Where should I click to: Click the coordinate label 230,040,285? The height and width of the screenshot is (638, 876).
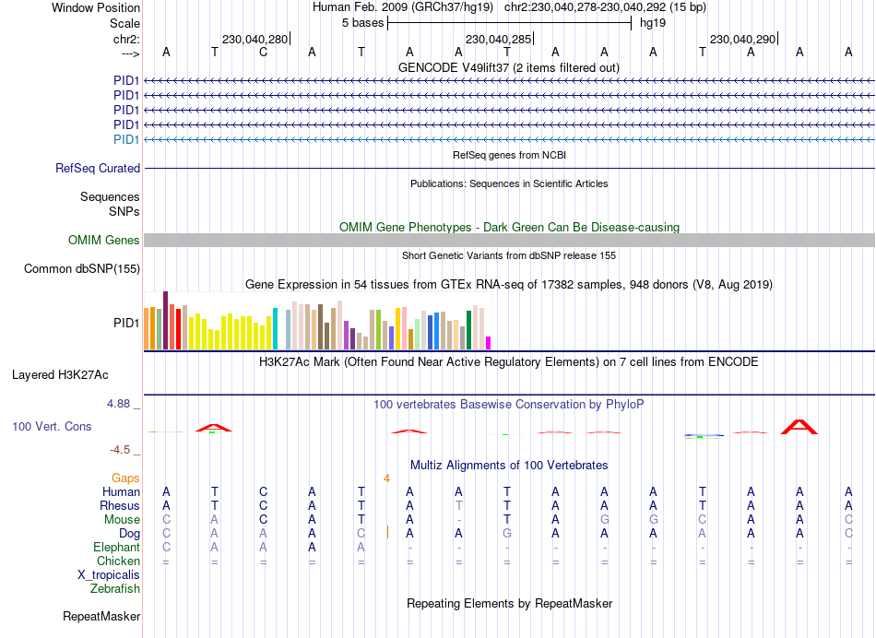(498, 39)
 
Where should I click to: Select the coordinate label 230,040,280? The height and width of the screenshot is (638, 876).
(255, 39)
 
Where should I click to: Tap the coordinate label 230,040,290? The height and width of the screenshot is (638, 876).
(742, 39)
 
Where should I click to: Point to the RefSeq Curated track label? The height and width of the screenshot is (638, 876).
(98, 169)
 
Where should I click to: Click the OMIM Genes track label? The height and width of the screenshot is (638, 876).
(104, 241)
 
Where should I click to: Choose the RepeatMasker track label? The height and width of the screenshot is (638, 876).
(101, 616)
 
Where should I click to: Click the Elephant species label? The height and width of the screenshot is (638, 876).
(117, 548)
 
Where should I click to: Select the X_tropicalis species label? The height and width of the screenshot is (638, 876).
(109, 575)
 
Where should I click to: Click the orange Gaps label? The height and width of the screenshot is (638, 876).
(125, 478)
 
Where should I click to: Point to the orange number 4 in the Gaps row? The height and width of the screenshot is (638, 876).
(387, 478)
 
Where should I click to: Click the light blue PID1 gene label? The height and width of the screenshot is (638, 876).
(126, 140)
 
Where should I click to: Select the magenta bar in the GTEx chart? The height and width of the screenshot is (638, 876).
(488, 342)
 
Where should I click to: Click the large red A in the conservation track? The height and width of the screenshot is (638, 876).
(799, 426)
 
